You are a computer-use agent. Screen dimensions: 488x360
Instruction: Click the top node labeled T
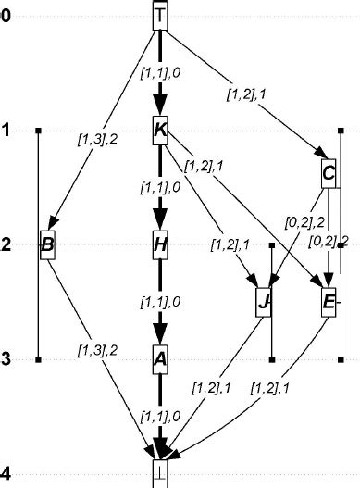point(160,15)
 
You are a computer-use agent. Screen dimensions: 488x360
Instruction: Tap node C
point(329,172)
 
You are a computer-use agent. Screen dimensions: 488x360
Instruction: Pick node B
point(48,245)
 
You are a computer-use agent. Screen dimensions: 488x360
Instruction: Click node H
point(160,245)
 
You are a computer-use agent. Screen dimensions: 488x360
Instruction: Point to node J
point(265,302)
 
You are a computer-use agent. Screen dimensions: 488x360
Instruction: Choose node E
point(329,302)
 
